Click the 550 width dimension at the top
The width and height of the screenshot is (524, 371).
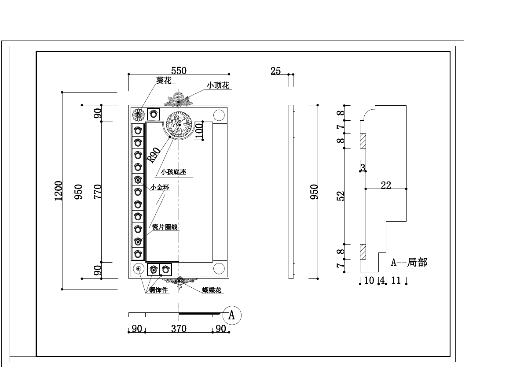(179, 70)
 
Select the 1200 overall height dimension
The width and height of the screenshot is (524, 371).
(59, 190)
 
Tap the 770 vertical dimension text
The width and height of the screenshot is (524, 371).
(97, 192)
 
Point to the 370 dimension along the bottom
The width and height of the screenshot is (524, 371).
(179, 329)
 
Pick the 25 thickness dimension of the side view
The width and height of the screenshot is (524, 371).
(276, 70)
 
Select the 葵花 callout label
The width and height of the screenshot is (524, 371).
(164, 81)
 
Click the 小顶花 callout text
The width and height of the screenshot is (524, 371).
(218, 85)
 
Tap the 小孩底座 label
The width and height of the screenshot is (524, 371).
(173, 172)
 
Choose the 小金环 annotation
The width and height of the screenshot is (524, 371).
(159, 188)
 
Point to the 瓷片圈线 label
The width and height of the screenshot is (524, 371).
(165, 227)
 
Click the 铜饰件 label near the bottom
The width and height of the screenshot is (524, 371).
(158, 290)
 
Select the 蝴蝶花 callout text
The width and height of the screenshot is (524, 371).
(212, 290)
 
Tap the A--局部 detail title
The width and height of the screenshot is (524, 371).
(409, 263)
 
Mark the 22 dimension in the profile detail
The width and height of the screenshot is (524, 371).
(386, 185)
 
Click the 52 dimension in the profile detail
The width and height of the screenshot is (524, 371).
(341, 196)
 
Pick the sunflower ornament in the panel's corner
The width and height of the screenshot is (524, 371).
(139, 115)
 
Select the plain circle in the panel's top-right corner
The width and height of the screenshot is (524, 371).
(219, 115)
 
